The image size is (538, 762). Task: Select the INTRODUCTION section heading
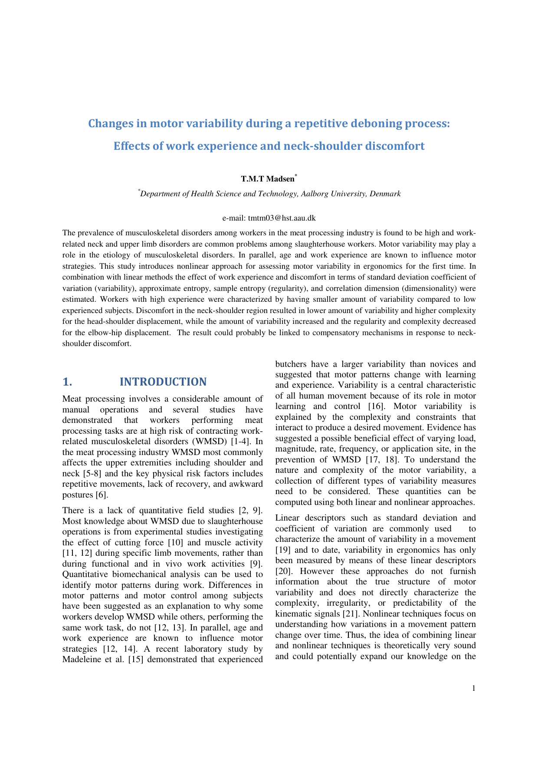pos(163,382)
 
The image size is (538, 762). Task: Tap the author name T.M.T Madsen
pos(268,179)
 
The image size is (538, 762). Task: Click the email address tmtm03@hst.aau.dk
pos(282,218)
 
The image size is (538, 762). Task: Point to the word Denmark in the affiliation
pos(384,194)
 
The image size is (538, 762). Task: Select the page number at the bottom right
pos(474,688)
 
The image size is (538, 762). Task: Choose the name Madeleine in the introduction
pos(80,660)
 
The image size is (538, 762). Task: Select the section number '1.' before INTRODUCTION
pos(67,382)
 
